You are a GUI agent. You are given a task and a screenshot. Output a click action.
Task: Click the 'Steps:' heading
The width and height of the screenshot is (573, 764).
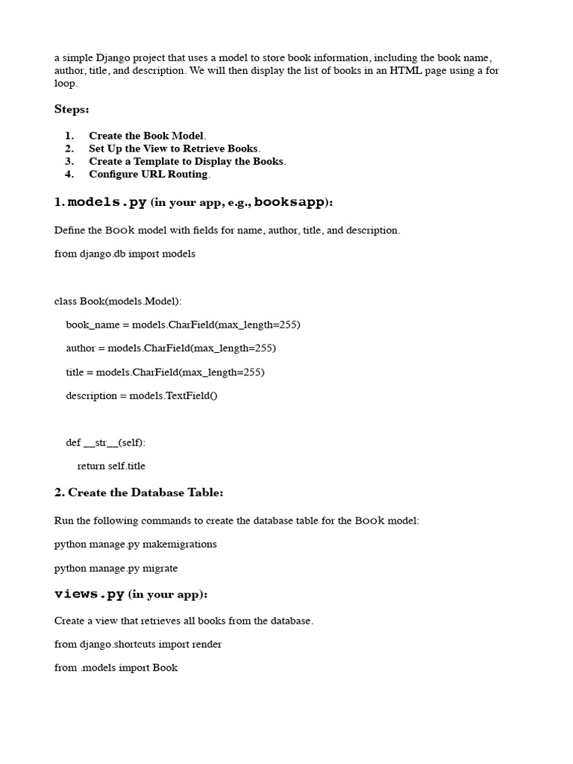tap(72, 110)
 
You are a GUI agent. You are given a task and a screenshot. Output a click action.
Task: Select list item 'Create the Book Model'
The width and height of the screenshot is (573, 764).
tap(146, 136)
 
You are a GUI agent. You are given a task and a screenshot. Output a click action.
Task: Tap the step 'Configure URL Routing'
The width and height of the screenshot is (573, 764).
tap(148, 174)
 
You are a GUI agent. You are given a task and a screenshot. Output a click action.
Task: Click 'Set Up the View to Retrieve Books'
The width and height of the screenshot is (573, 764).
tap(174, 148)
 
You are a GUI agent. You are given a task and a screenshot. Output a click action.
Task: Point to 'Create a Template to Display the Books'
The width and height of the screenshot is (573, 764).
tap(187, 161)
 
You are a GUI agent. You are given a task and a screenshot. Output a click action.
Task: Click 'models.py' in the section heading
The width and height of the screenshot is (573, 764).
tap(107, 203)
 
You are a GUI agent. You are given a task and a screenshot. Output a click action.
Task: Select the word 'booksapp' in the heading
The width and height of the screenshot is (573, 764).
tap(290, 203)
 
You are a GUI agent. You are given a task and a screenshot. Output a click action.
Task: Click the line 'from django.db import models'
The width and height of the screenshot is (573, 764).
tap(125, 254)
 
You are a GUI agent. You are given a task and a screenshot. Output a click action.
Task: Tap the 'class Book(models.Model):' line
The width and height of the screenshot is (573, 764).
tap(118, 301)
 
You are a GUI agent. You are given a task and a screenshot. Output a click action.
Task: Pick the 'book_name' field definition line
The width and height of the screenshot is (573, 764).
tap(183, 325)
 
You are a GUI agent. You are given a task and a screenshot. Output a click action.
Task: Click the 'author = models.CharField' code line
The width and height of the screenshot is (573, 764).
tap(171, 348)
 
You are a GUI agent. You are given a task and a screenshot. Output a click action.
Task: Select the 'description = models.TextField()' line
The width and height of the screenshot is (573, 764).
tap(142, 395)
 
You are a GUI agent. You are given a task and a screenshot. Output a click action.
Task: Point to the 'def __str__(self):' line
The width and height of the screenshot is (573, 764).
tap(106, 442)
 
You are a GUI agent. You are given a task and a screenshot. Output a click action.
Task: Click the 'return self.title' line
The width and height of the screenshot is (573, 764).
tap(111, 466)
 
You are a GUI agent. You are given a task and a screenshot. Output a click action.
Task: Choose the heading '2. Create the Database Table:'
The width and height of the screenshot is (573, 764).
tap(139, 493)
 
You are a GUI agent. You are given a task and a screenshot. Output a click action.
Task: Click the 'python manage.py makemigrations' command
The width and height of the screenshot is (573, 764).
tap(136, 544)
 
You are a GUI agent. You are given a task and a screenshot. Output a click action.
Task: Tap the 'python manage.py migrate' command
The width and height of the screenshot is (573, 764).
tap(116, 568)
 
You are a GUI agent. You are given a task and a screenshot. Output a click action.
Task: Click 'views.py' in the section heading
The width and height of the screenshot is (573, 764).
tap(90, 595)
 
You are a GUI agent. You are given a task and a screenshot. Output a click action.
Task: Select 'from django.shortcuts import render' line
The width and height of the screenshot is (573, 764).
tap(138, 644)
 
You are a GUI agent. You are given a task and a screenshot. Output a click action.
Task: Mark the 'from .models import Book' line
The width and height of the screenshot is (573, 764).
tap(116, 668)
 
